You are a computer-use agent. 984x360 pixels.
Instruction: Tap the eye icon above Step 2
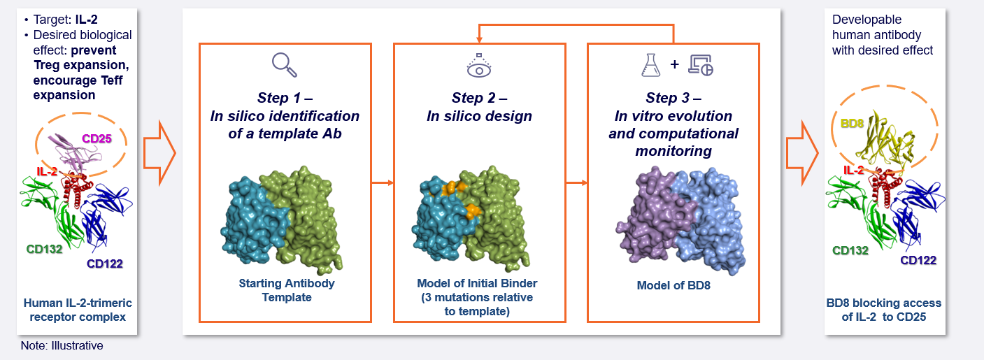click(x=479, y=65)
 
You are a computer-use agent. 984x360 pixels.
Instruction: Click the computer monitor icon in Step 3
click(x=700, y=64)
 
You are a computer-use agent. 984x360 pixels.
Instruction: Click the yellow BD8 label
click(x=852, y=123)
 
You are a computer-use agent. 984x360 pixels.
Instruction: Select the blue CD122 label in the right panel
click(x=918, y=260)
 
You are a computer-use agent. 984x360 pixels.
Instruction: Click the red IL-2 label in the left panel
click(x=48, y=171)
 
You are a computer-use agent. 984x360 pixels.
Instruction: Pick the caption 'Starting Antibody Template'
click(x=286, y=290)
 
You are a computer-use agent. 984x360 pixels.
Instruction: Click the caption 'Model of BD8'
click(x=673, y=285)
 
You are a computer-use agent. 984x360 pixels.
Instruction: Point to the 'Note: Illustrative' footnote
click(x=62, y=345)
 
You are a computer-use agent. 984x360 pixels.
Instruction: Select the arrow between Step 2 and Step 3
click(x=576, y=183)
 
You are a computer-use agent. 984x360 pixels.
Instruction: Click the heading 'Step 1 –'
click(x=285, y=97)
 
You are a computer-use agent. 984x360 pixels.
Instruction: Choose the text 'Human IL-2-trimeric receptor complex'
click(x=78, y=310)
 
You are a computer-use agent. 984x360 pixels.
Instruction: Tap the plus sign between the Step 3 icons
click(x=674, y=64)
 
